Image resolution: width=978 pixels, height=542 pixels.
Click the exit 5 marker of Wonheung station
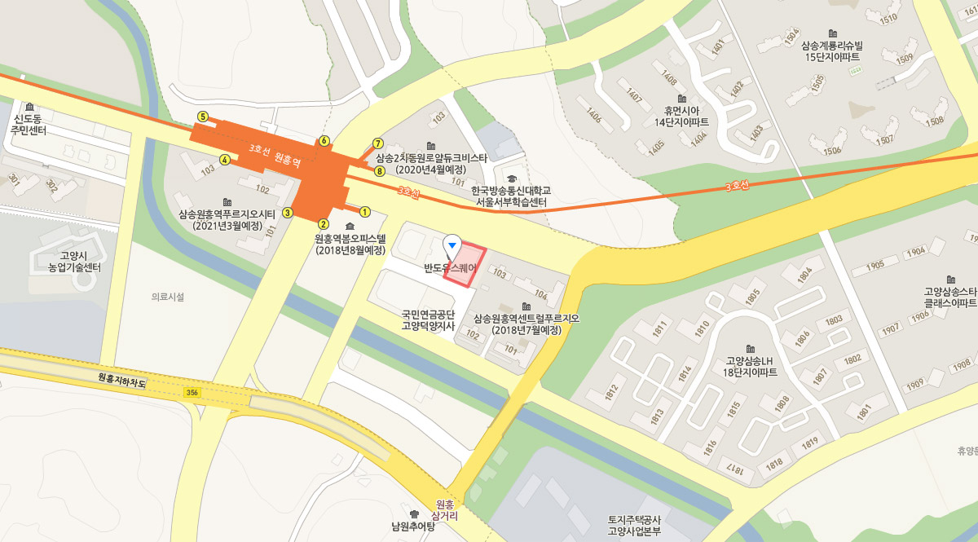[203, 117]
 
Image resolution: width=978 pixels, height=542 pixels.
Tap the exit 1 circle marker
[365, 212]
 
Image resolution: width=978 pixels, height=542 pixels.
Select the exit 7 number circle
[378, 143]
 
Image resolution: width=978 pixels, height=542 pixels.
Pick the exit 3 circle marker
[288, 213]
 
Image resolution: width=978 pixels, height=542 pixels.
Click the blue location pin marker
[452, 245]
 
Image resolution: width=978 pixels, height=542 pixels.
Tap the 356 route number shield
[192, 393]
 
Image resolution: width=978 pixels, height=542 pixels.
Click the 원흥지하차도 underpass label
[121, 378]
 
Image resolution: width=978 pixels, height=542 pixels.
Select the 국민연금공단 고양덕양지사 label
[427, 319]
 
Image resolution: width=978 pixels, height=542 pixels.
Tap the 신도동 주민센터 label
[29, 125]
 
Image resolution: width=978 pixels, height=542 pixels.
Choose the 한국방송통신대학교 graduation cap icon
[512, 178]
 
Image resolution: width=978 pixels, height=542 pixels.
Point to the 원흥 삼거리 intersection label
[445, 510]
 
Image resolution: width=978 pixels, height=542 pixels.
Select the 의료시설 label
[168, 297]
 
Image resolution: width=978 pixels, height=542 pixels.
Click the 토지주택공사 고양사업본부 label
[633, 525]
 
